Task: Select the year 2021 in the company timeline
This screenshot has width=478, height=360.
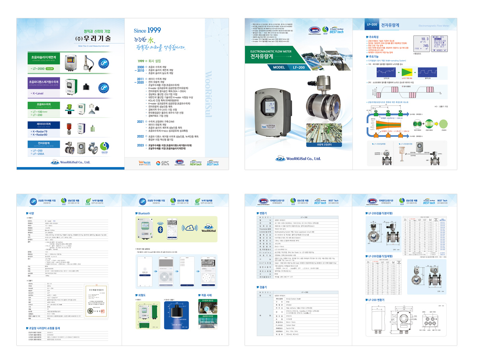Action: [x=140, y=121]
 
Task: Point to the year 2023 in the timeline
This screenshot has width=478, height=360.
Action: [x=140, y=145]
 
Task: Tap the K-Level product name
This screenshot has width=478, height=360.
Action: [x=37, y=93]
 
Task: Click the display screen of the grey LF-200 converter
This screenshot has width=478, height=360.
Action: [x=273, y=105]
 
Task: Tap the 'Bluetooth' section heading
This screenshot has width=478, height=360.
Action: [x=145, y=213]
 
